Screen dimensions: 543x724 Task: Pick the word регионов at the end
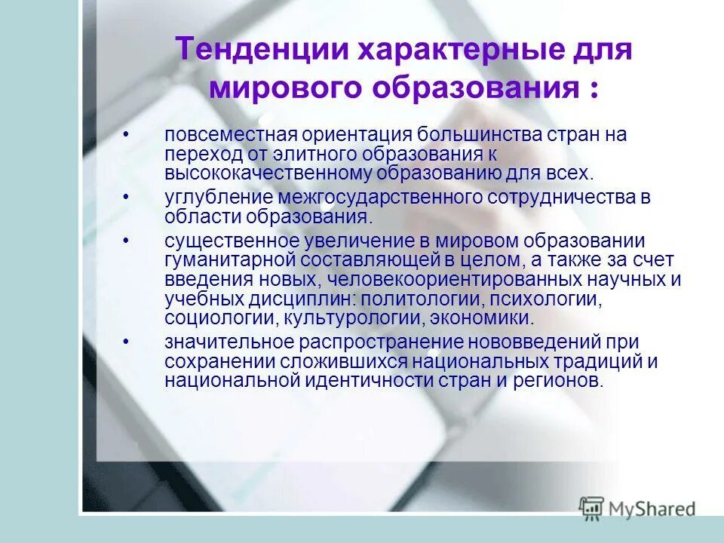pos(560,379)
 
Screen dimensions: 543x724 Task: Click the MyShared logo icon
pos(592,508)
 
